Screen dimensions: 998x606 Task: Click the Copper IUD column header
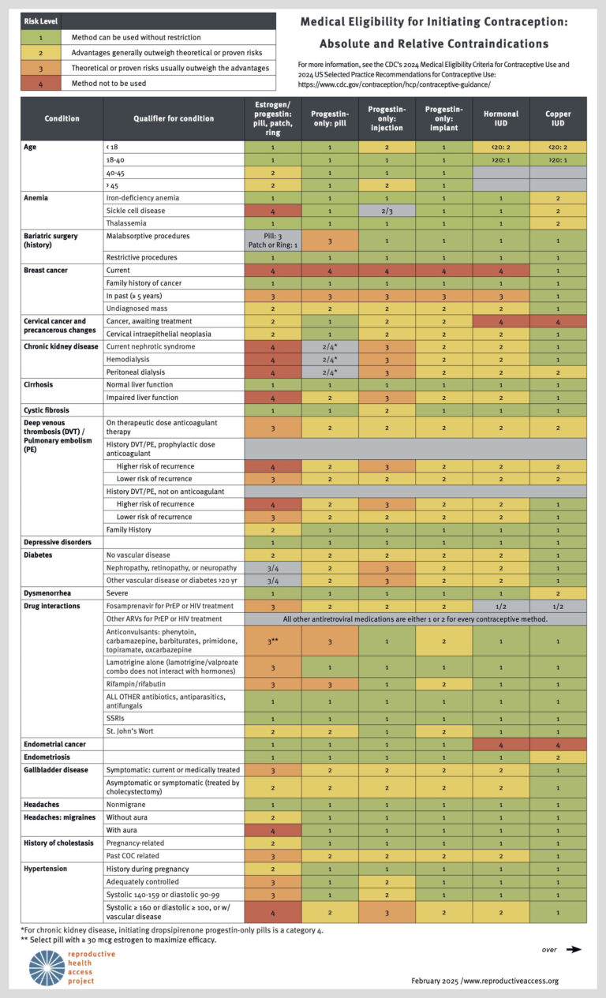tap(558, 118)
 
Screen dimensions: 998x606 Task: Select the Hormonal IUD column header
tap(501, 118)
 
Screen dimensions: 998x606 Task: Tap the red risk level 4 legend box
tap(39, 83)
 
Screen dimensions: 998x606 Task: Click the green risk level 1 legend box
tap(39, 37)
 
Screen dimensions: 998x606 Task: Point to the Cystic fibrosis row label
tap(47, 410)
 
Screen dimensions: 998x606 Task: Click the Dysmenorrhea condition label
tap(49, 592)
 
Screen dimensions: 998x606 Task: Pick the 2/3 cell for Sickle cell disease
tap(387, 210)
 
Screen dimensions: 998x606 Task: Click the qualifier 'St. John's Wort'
tap(132, 731)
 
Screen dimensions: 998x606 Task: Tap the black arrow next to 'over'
tap(574, 949)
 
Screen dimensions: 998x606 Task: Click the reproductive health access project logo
tap(47, 967)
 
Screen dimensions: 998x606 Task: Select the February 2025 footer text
tap(484, 981)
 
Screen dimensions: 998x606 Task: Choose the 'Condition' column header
tap(62, 118)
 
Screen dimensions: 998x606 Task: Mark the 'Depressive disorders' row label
tap(58, 542)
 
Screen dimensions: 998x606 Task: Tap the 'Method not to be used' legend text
tap(108, 83)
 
